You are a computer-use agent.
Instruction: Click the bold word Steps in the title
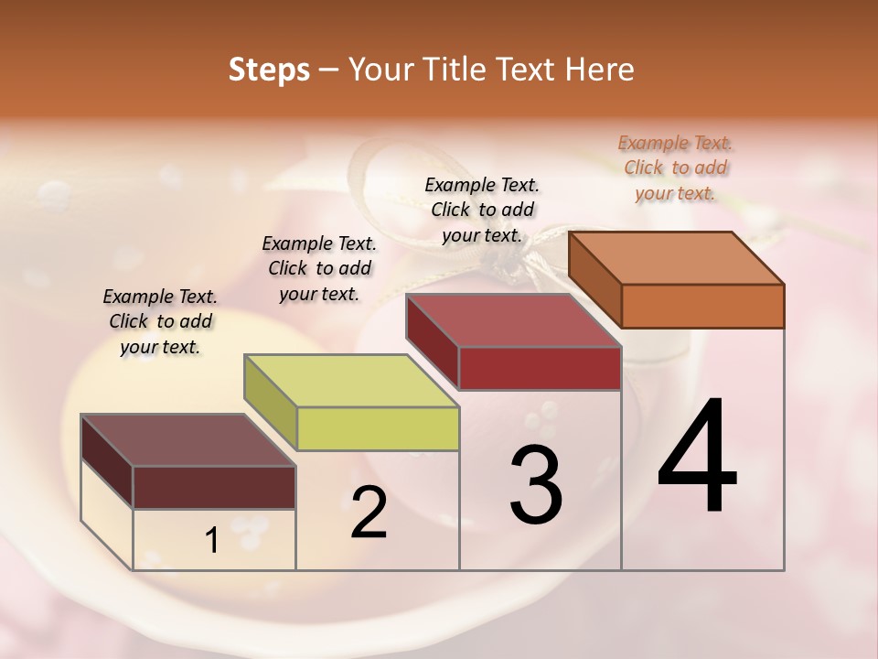(x=269, y=70)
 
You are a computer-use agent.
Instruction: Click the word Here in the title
(x=599, y=70)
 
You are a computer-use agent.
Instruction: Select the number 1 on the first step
(x=212, y=541)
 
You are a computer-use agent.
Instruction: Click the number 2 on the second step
(x=369, y=513)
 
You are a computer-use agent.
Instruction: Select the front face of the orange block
(x=702, y=306)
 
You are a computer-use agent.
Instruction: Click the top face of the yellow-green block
(x=351, y=381)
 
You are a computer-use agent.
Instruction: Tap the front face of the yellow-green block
(x=378, y=429)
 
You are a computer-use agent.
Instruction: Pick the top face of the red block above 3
(x=513, y=320)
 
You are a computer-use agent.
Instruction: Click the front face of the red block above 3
(x=540, y=368)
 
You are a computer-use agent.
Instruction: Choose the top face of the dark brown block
(x=187, y=440)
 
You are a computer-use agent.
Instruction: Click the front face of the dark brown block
(x=214, y=487)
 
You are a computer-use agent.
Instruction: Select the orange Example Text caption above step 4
(x=675, y=167)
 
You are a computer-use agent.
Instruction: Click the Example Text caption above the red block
(x=482, y=210)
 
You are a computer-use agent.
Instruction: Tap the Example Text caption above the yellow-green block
(x=319, y=268)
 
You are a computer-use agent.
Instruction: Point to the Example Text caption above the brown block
(x=160, y=321)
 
